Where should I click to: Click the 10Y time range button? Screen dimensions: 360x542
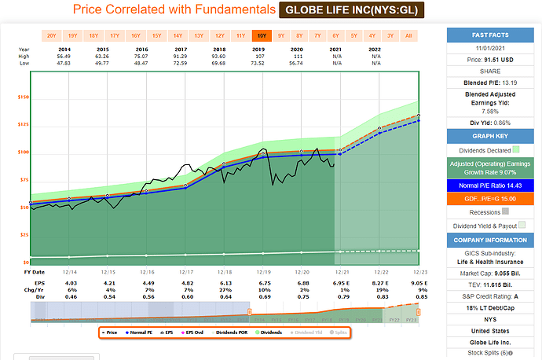tap(261, 35)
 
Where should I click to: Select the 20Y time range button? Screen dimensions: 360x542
tap(51, 35)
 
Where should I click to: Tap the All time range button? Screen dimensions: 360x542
tap(408, 35)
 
